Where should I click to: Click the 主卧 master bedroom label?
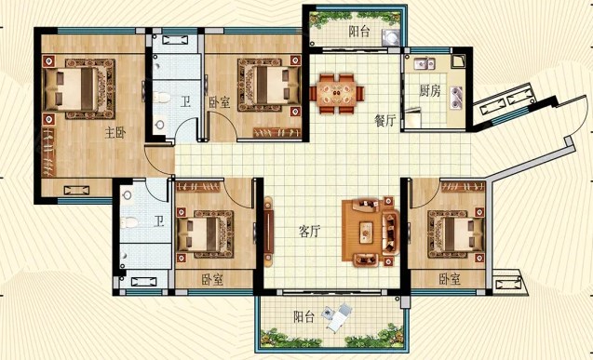click(x=115, y=133)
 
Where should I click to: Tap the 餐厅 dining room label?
click(x=384, y=121)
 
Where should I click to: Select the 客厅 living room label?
click(x=309, y=231)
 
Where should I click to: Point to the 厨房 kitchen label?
click(x=430, y=90)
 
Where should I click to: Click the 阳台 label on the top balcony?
click(x=359, y=32)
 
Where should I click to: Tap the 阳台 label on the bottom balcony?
click(x=304, y=316)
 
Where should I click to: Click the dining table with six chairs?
click(x=337, y=94)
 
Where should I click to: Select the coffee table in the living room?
click(x=366, y=233)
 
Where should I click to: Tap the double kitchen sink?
click(x=425, y=64)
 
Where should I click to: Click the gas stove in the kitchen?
click(x=456, y=97)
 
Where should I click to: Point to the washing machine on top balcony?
click(x=391, y=37)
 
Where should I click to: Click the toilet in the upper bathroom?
click(x=163, y=98)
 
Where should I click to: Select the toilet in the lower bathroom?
click(x=129, y=222)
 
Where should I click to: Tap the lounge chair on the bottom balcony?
click(x=339, y=316)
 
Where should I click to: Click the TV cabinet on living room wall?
click(x=268, y=230)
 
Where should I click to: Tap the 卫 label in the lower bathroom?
click(x=159, y=221)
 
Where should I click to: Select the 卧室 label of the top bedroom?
click(x=220, y=102)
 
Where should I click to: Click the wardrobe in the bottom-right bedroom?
click(x=463, y=187)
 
